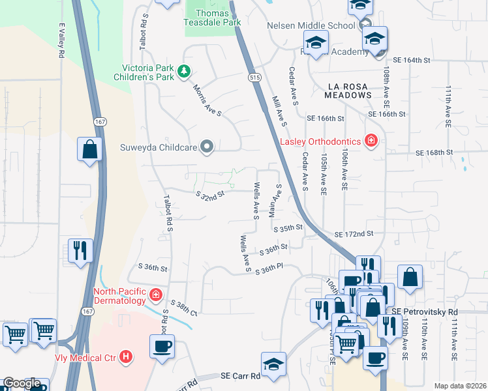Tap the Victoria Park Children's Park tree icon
(x=185, y=70)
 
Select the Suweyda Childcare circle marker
(x=207, y=147)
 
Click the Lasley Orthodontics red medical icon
(x=371, y=141)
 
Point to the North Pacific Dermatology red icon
(x=156, y=296)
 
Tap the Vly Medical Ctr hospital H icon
(x=127, y=357)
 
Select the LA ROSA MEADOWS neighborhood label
(x=349, y=91)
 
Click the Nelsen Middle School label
(x=311, y=25)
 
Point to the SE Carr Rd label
(x=240, y=376)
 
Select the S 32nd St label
(x=210, y=194)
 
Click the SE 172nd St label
(x=354, y=233)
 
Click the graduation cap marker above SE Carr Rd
(x=274, y=364)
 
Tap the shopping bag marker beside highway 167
(x=90, y=149)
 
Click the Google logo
(x=22, y=384)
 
